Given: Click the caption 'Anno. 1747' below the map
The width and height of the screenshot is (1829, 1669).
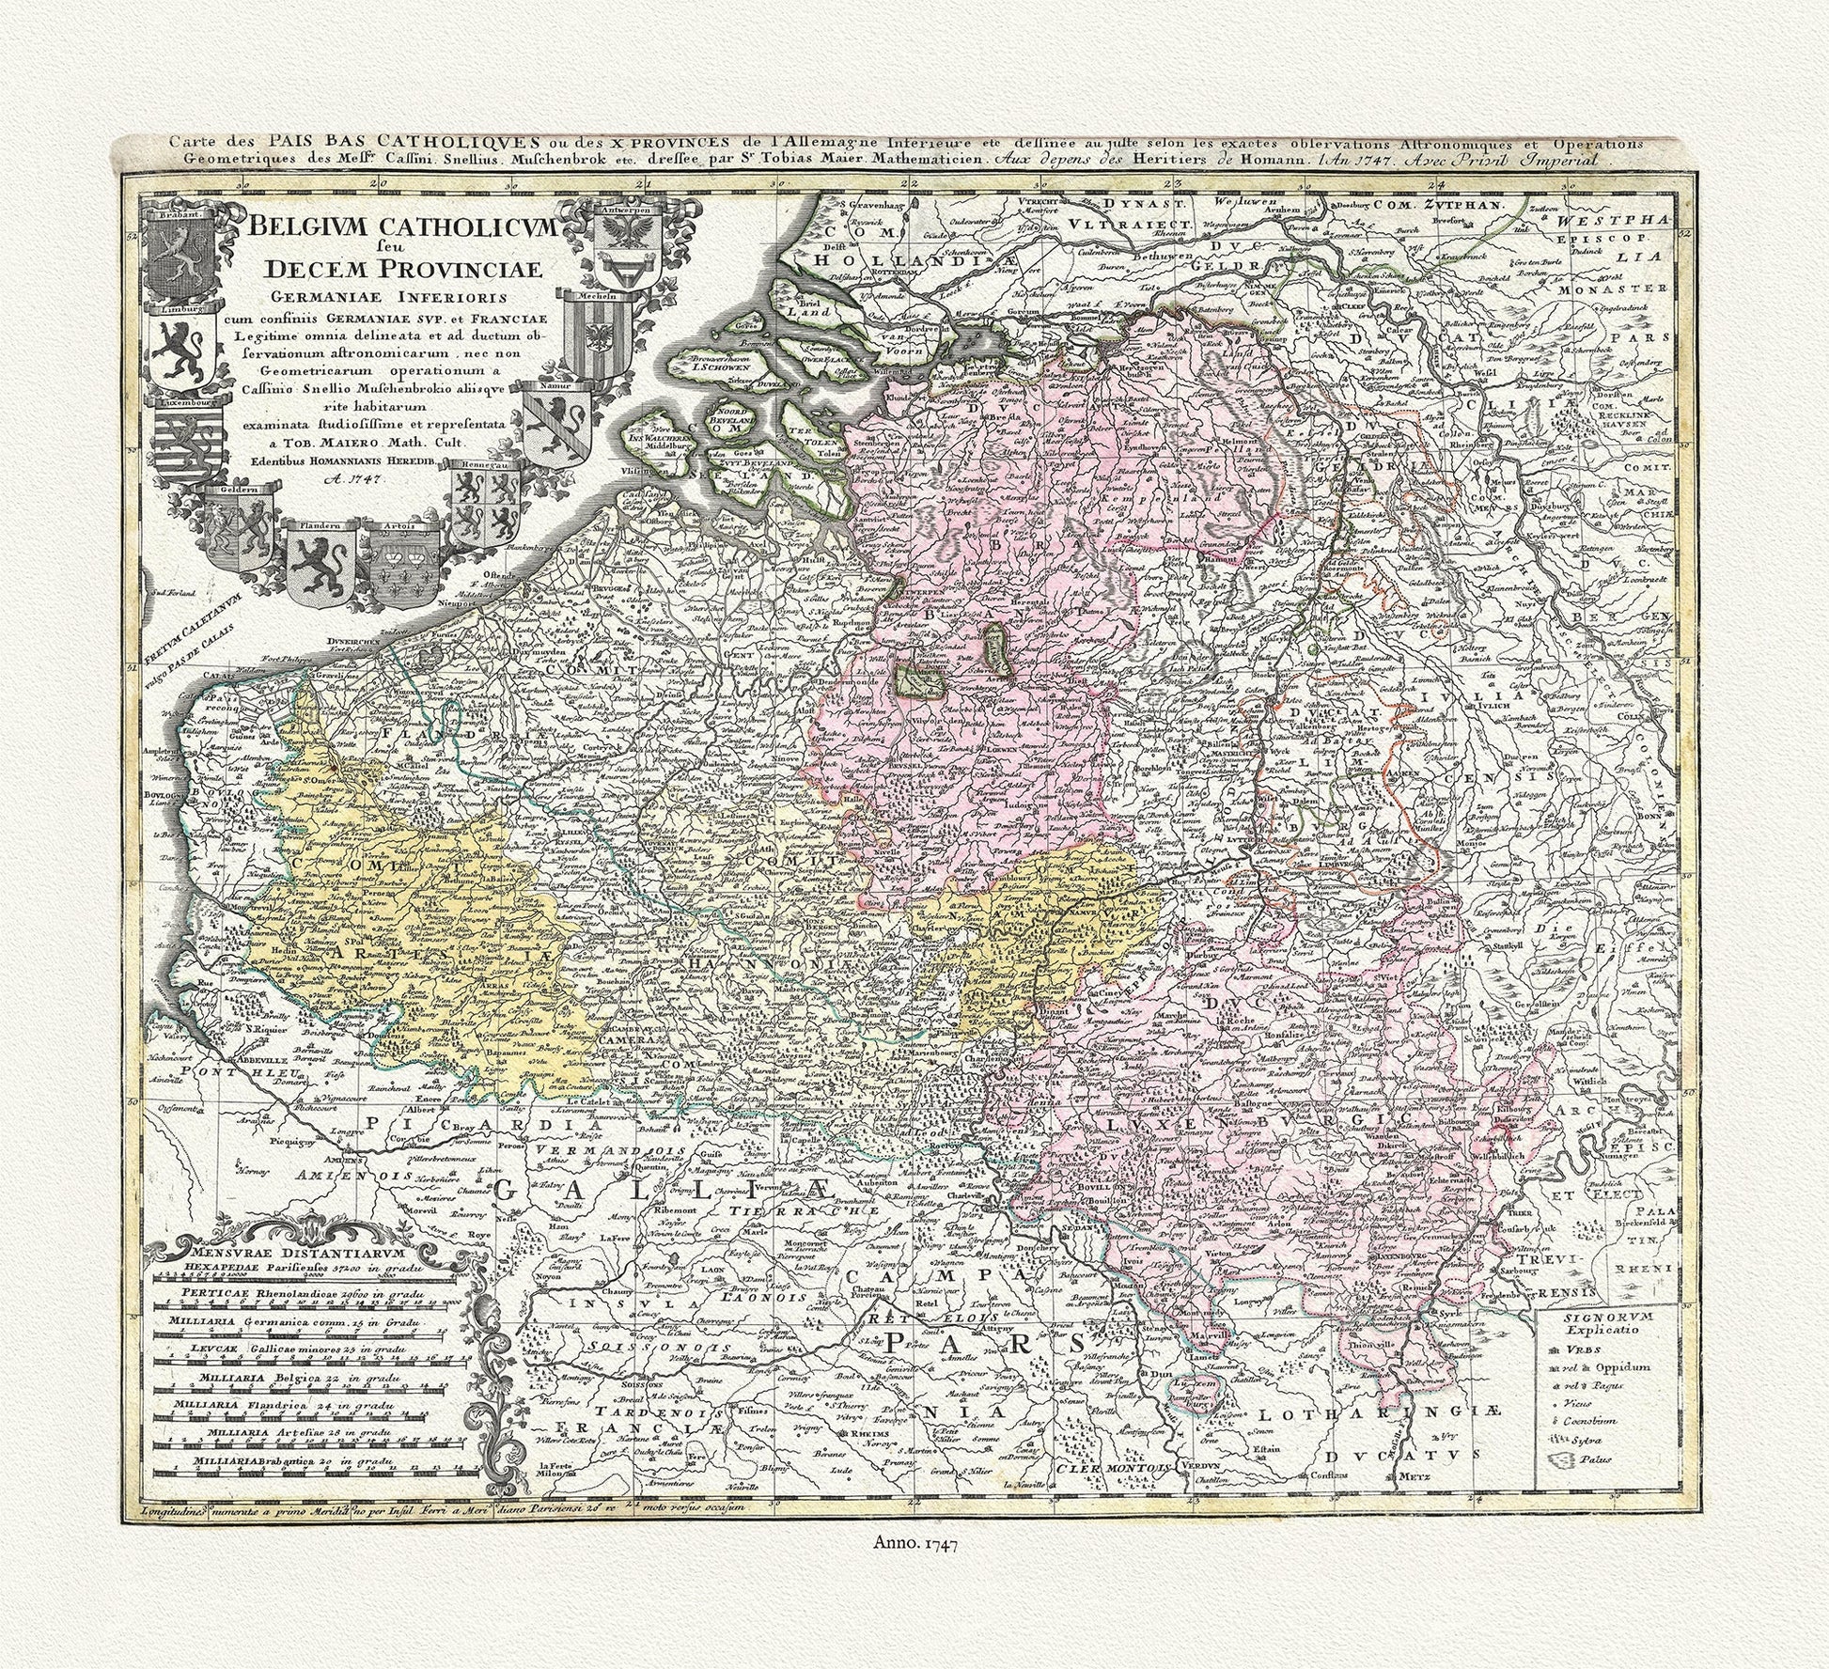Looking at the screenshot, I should click(x=914, y=1568).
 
